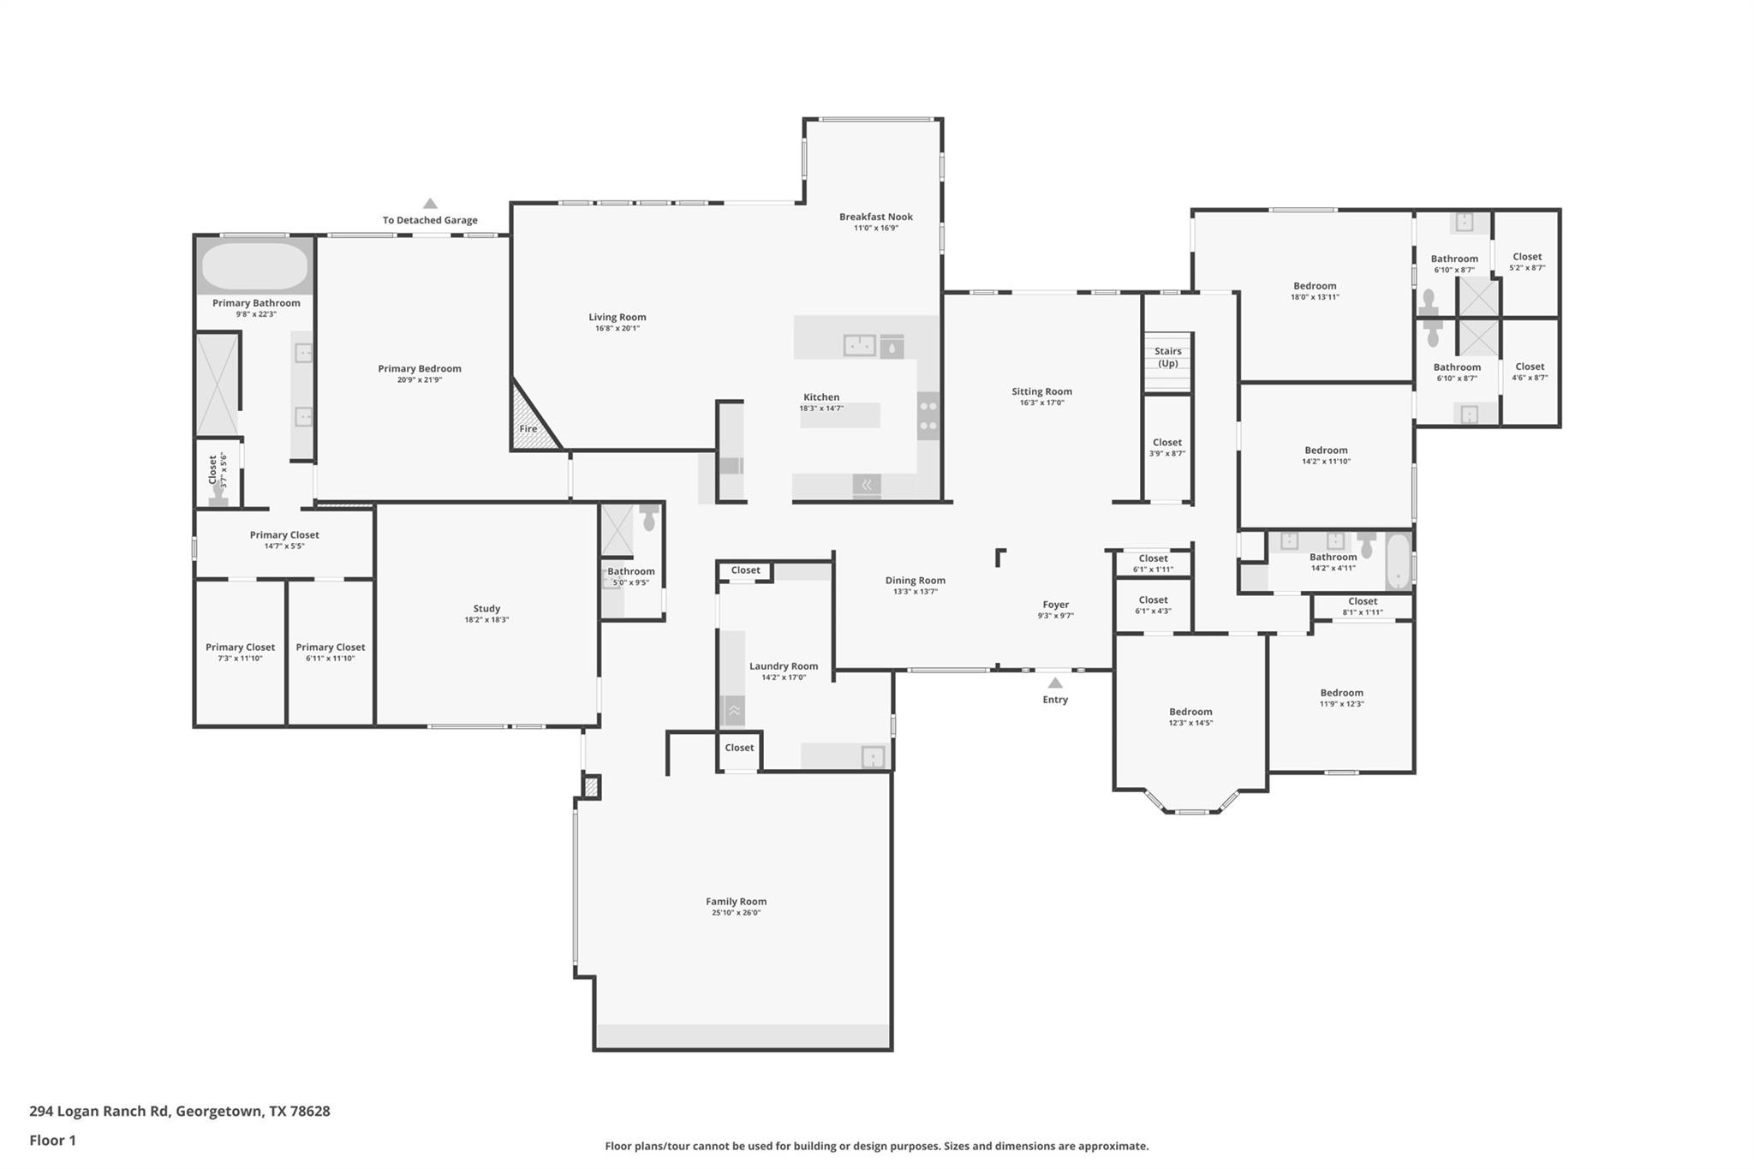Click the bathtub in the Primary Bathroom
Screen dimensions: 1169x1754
click(x=254, y=265)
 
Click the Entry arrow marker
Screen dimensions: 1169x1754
click(x=1055, y=683)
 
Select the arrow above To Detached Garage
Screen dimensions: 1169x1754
click(x=430, y=204)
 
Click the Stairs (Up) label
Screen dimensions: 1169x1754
click(x=1167, y=357)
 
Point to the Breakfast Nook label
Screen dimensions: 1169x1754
click(x=875, y=217)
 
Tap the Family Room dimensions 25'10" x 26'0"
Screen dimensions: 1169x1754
click(x=736, y=913)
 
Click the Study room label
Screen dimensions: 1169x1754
click(x=486, y=609)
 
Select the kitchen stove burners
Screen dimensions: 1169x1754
click(x=928, y=415)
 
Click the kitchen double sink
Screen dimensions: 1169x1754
click(x=859, y=345)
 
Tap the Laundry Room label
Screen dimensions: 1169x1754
click(x=783, y=666)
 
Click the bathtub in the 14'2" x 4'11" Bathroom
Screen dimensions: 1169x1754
click(x=1398, y=561)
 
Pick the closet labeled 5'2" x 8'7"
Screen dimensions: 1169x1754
click(x=1526, y=261)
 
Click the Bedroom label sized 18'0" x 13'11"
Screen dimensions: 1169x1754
click(x=1314, y=286)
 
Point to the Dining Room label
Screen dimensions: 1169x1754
click(x=915, y=581)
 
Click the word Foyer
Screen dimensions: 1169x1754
click(x=1055, y=605)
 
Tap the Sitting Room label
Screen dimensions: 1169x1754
click(x=1041, y=391)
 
